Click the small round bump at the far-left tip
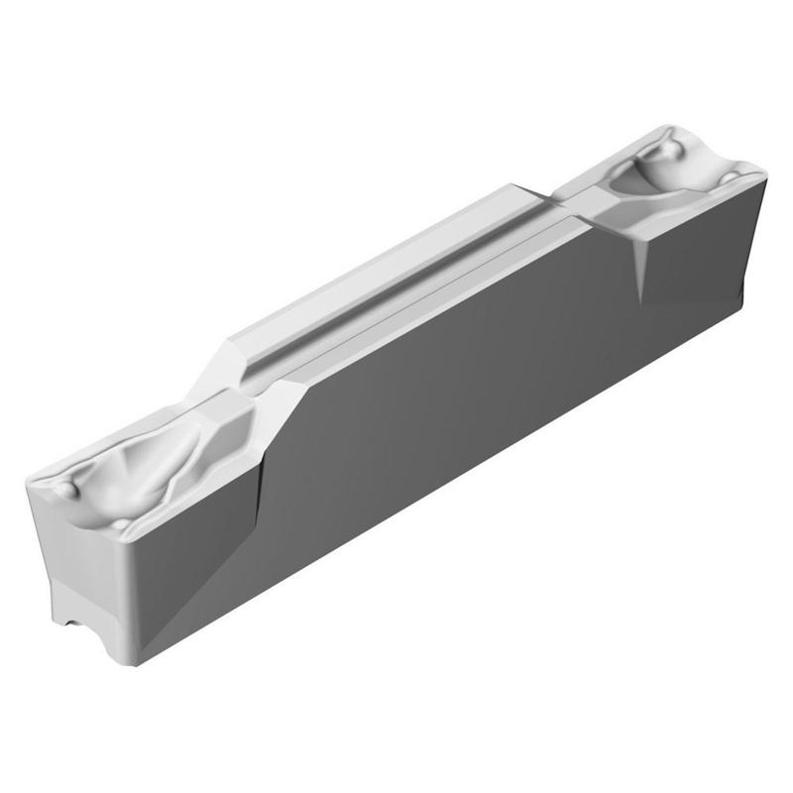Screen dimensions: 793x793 [x=64, y=490]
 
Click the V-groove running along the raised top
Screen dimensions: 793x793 [x=396, y=287]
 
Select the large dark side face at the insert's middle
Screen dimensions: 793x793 [x=446, y=416]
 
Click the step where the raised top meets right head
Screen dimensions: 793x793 [x=555, y=193]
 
